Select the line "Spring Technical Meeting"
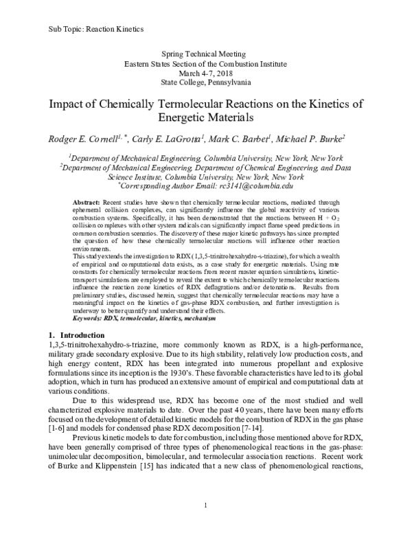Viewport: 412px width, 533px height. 206,53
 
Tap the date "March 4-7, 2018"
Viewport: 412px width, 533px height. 206,72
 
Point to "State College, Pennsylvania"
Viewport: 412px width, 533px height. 206,82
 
